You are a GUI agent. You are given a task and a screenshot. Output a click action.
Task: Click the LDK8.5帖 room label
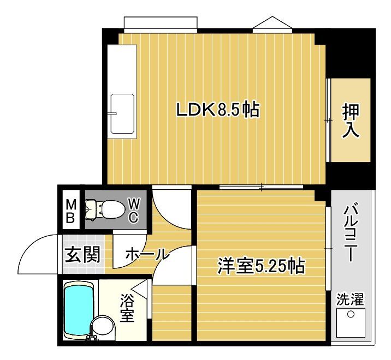coord(217,110)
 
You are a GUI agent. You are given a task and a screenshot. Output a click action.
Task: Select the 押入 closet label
coord(351,120)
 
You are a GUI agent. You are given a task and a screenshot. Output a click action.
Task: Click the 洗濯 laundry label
coord(349,299)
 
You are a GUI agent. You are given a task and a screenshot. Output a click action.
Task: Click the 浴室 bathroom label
coord(127,308)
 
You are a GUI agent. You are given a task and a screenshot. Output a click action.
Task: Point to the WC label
coord(133,209)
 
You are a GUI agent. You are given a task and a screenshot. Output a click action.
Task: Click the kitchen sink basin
coord(122,113)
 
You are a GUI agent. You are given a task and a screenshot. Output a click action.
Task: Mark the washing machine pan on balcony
coord(349,322)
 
